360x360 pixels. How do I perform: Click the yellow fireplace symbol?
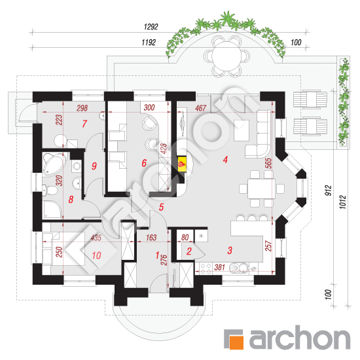coord(182,164)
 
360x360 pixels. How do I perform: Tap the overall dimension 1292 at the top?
coord(151,27)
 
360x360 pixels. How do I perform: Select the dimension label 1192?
coord(149,43)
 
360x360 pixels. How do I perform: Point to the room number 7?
coord(84,124)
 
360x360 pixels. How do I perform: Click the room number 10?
coord(96,255)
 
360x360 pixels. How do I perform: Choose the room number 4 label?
coord(225,159)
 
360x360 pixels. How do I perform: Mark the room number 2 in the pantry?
coord(189,251)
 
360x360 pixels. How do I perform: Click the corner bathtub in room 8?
coord(54,164)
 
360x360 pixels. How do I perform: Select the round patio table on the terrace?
coord(226,56)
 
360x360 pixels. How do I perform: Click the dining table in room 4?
coord(261,189)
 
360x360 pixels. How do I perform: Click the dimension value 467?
coord(200,108)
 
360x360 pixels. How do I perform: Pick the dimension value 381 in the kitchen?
coord(219,267)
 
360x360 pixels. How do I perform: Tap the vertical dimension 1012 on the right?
coord(342,202)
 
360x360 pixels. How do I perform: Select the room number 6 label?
coord(144,163)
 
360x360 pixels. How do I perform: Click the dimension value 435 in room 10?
coord(96,238)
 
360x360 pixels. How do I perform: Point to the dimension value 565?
coord(268,163)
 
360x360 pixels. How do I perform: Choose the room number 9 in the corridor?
coord(94,166)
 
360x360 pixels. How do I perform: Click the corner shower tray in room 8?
coord(52,209)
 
